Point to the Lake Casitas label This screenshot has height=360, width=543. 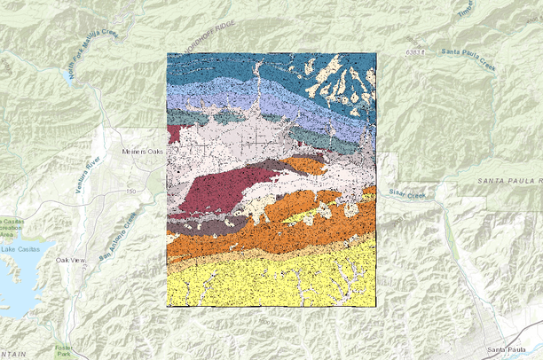[x=19, y=250]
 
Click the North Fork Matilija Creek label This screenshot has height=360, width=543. [x=92, y=56]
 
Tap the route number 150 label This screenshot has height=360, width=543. [x=130, y=191]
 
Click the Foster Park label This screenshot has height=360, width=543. [x=63, y=351]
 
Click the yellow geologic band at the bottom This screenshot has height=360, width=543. [x=266, y=279]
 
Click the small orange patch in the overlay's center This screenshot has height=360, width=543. [x=305, y=165]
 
